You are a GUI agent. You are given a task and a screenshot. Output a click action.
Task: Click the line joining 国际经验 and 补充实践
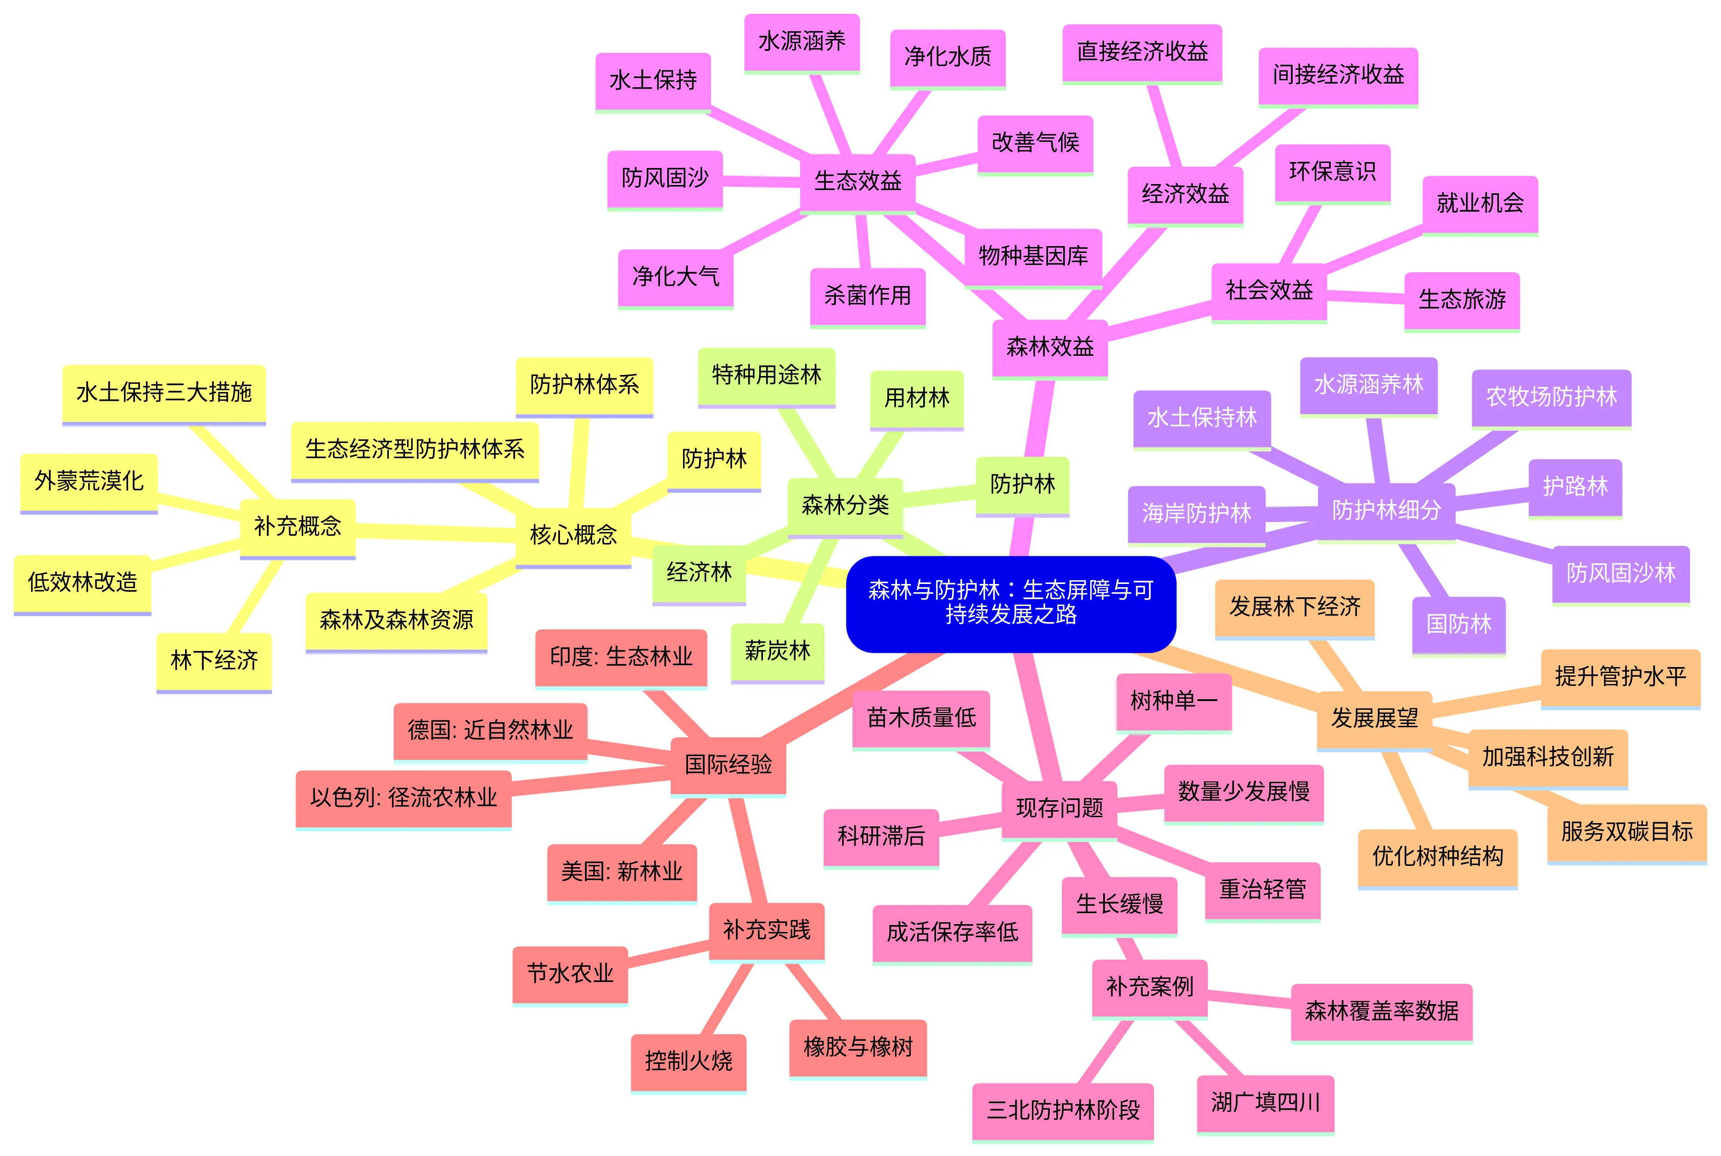[x=748, y=849]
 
